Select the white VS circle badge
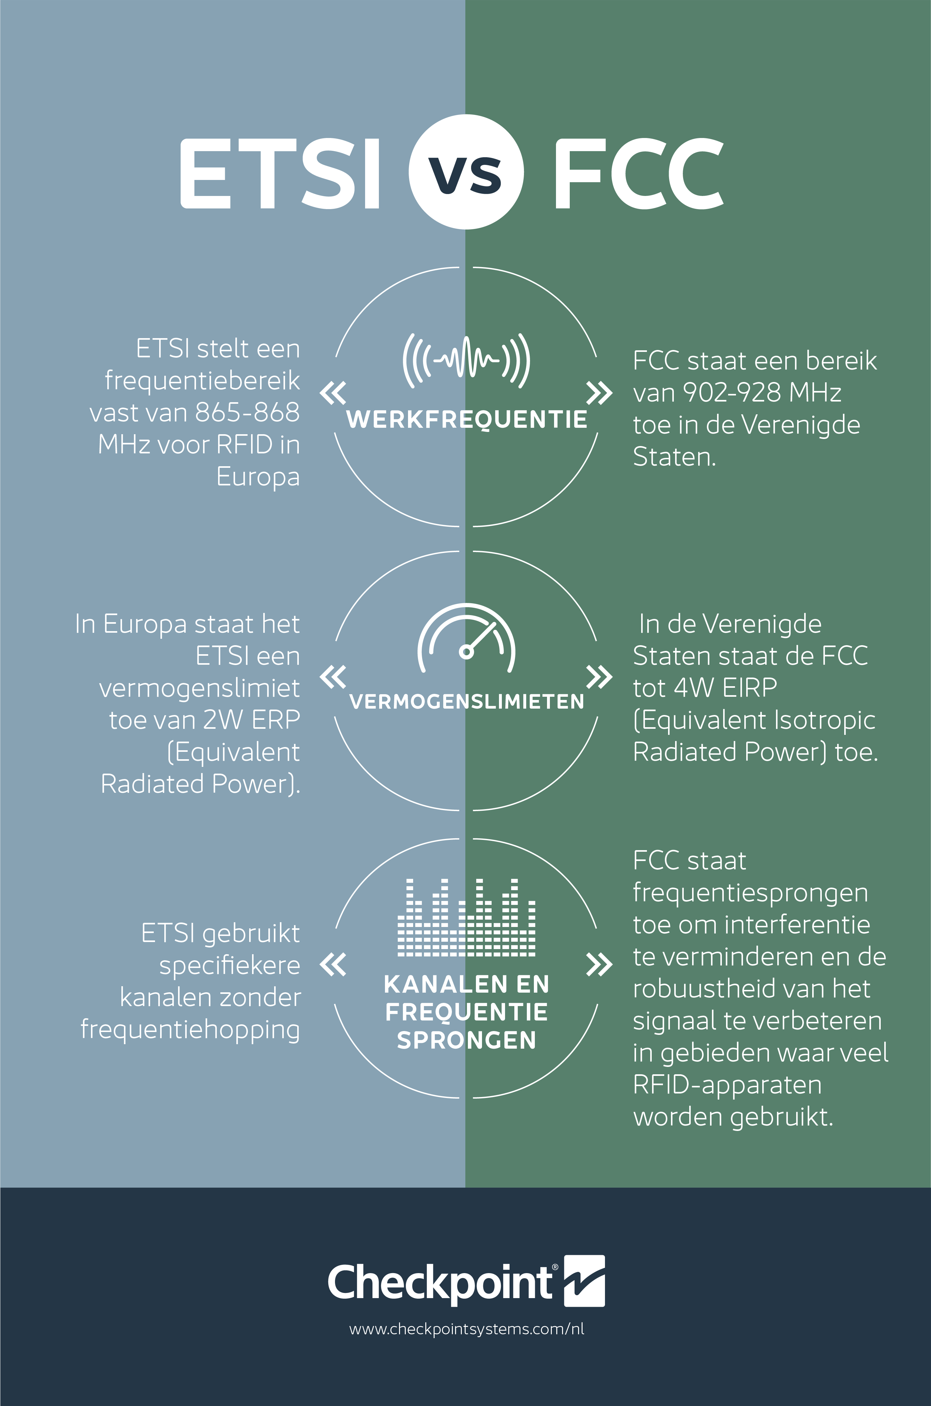[466, 172]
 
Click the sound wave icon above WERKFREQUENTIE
[466, 360]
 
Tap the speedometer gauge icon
[467, 638]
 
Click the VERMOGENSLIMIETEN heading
[467, 702]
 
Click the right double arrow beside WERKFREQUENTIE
[599, 393]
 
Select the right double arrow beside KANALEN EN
[599, 964]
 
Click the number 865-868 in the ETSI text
[248, 412]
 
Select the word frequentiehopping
[190, 1030]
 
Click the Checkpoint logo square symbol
[584, 1281]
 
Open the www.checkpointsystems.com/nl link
[467, 1329]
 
